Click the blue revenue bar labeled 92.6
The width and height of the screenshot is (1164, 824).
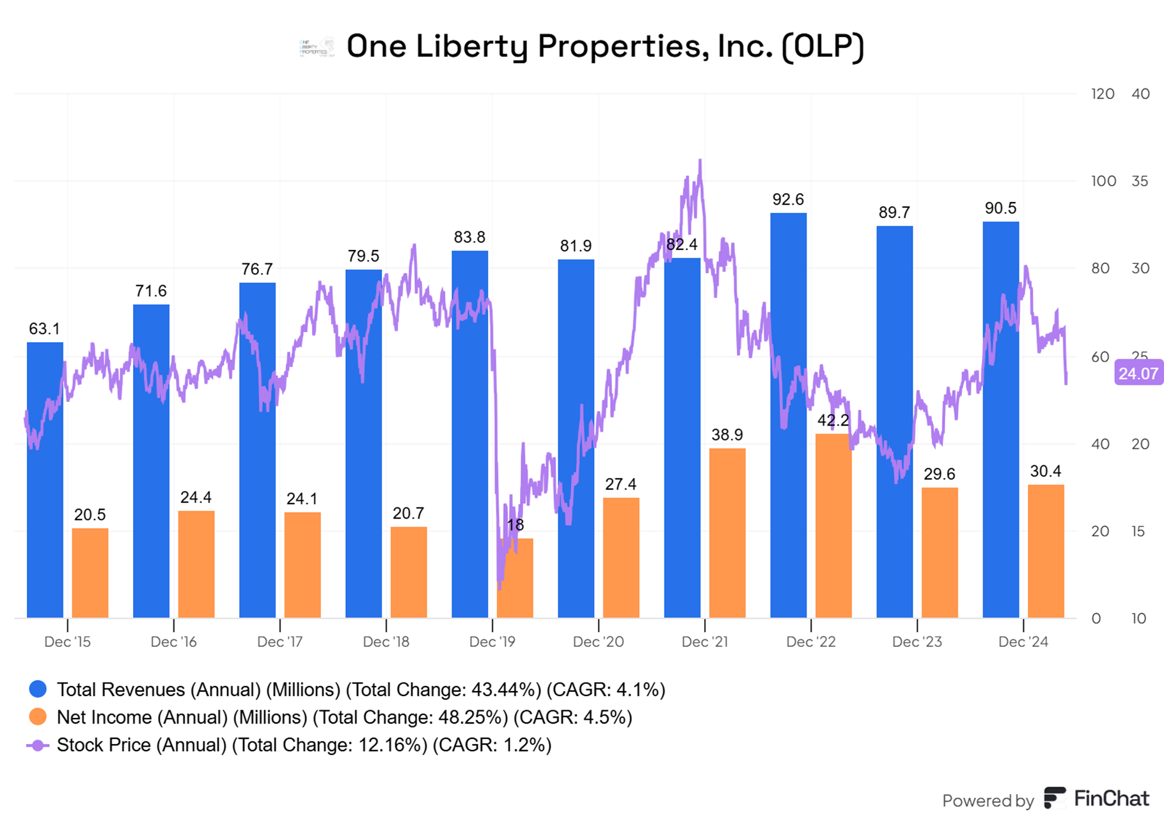[x=788, y=416]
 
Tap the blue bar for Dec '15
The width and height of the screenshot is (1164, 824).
[x=45, y=479]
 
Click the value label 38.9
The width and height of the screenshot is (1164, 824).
[x=727, y=435]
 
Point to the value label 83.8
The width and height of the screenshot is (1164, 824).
[x=469, y=237]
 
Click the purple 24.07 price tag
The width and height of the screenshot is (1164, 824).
[x=1138, y=373]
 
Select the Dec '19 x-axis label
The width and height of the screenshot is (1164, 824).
[x=492, y=642]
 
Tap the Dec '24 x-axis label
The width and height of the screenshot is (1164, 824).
[x=1023, y=642]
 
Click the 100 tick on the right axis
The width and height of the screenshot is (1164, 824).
[x=1103, y=181]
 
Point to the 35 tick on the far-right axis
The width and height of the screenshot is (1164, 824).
[x=1140, y=181]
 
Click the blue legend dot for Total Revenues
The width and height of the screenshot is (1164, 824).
[x=38, y=689]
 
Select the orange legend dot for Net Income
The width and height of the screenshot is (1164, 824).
[x=38, y=717]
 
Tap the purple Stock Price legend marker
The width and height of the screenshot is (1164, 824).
[x=38, y=745]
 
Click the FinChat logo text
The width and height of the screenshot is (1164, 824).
[x=1111, y=798]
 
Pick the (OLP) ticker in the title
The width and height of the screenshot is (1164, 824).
[x=823, y=46]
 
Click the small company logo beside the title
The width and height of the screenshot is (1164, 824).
[x=317, y=47]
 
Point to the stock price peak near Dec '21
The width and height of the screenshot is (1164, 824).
[x=700, y=161]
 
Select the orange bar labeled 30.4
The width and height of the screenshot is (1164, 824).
[x=1046, y=551]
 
